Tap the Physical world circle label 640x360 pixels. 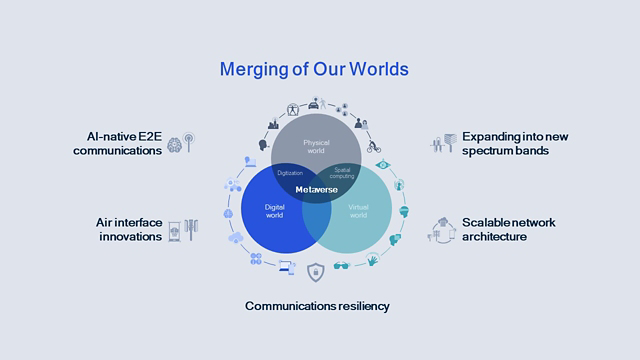tap(316, 148)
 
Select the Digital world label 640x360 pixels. tap(275, 212)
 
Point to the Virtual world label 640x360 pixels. tap(357, 213)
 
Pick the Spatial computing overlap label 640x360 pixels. tap(343, 173)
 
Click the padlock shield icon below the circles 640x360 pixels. tap(316, 271)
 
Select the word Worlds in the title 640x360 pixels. tap(378, 70)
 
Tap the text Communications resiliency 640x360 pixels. tap(317, 305)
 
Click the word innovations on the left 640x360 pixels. tap(131, 237)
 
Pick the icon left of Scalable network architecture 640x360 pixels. tap(442, 230)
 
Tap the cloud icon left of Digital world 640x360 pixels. tap(236, 238)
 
